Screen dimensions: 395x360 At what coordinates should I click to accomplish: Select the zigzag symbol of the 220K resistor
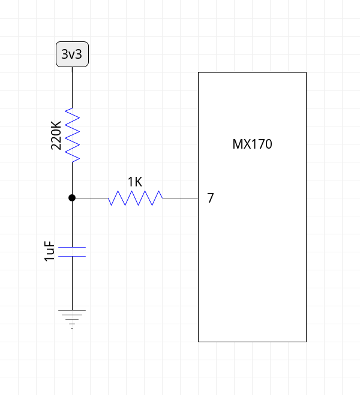pyautogui.click(x=72, y=135)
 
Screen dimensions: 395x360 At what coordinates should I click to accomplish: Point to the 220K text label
pyautogui.click(x=56, y=135)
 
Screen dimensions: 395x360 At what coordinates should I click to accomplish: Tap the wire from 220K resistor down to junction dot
pyautogui.click(x=72, y=179)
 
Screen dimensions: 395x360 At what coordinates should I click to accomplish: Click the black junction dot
pyautogui.click(x=72, y=198)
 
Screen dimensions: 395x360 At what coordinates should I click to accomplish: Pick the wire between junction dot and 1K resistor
pyautogui.click(x=90, y=198)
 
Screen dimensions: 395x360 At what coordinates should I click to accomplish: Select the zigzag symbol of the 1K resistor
pyautogui.click(x=136, y=198)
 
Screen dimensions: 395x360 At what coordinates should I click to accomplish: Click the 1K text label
pyautogui.click(x=135, y=181)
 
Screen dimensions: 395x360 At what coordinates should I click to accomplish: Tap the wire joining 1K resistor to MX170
pyautogui.click(x=180, y=198)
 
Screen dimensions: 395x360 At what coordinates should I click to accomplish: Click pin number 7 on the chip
pyautogui.click(x=210, y=198)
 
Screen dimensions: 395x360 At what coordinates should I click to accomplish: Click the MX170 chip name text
pyautogui.click(x=252, y=144)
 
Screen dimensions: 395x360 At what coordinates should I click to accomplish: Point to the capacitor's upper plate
pyautogui.click(x=72, y=247)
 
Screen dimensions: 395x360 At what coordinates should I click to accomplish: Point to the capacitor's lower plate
pyautogui.click(x=72, y=256)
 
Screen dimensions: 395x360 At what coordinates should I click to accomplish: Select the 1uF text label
pyautogui.click(x=50, y=252)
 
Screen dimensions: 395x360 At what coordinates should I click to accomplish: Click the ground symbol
pyautogui.click(x=72, y=318)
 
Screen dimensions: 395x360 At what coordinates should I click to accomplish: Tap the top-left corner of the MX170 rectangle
pyautogui.click(x=199, y=73)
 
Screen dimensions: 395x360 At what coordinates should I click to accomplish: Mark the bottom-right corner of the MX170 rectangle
pyautogui.click(x=306, y=342)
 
